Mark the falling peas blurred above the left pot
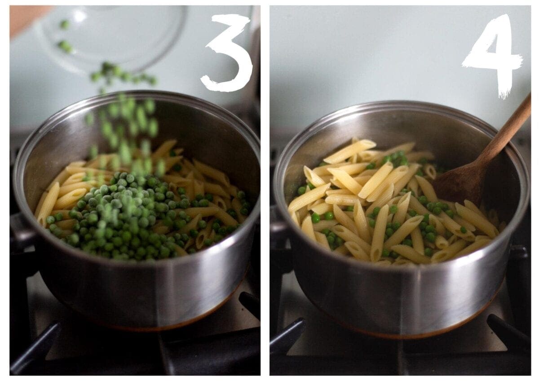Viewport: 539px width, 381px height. click(x=123, y=120)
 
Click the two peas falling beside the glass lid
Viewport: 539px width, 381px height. click(x=65, y=36)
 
